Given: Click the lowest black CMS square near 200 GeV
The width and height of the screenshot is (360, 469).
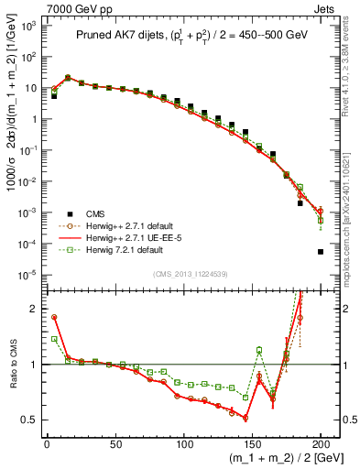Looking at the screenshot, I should (x=321, y=252).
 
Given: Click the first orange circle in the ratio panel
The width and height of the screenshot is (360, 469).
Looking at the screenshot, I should (x=54, y=317).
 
